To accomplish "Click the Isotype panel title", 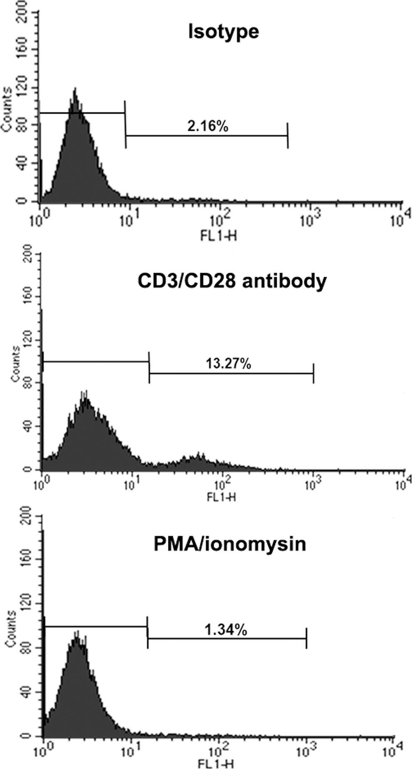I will click(224, 32).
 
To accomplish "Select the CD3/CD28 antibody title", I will click(232, 281).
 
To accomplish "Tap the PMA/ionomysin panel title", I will click(229, 544).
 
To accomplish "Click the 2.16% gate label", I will click(207, 126).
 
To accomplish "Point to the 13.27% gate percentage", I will click(228, 363).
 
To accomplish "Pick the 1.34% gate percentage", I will click(226, 630).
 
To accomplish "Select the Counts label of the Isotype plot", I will click(6, 110).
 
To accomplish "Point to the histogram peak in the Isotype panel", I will click(75, 90).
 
